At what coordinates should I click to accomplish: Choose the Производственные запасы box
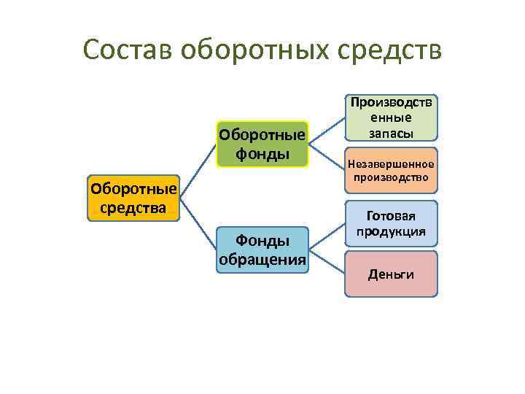tap(391, 117)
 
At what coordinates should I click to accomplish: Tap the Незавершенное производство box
tap(391, 171)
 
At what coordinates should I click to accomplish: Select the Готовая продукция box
tap(391, 224)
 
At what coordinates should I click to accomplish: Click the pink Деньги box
tap(391, 274)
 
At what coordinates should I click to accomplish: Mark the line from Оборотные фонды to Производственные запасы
tap(327, 130)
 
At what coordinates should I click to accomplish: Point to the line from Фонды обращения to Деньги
tap(327, 263)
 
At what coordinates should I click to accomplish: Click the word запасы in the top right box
tap(391, 133)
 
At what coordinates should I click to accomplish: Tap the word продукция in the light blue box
tap(391, 232)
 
